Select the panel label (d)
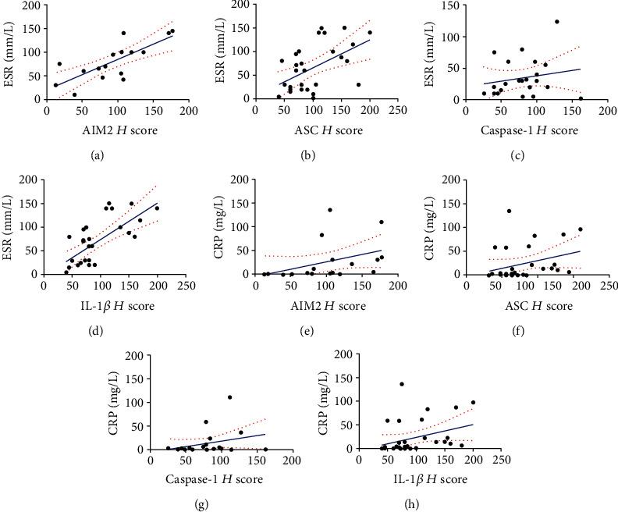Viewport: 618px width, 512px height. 97,331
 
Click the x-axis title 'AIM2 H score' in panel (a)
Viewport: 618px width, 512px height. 98,130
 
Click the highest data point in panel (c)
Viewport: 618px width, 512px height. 556,22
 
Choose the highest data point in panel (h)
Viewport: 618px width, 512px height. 401,384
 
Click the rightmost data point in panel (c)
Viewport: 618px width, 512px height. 581,98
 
